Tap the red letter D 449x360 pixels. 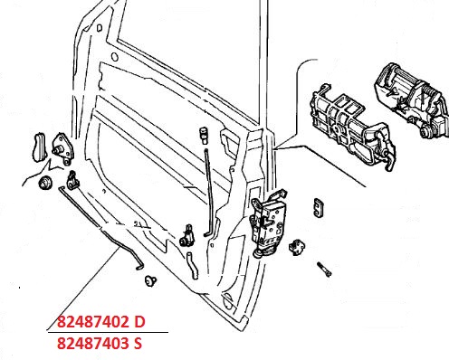point(139,322)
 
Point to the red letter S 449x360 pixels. point(138,343)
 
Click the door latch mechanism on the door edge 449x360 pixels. point(268,223)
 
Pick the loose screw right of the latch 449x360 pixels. point(324,270)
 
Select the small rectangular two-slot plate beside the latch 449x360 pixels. point(319,207)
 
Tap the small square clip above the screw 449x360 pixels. point(297,247)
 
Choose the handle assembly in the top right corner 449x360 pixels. point(412,99)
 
